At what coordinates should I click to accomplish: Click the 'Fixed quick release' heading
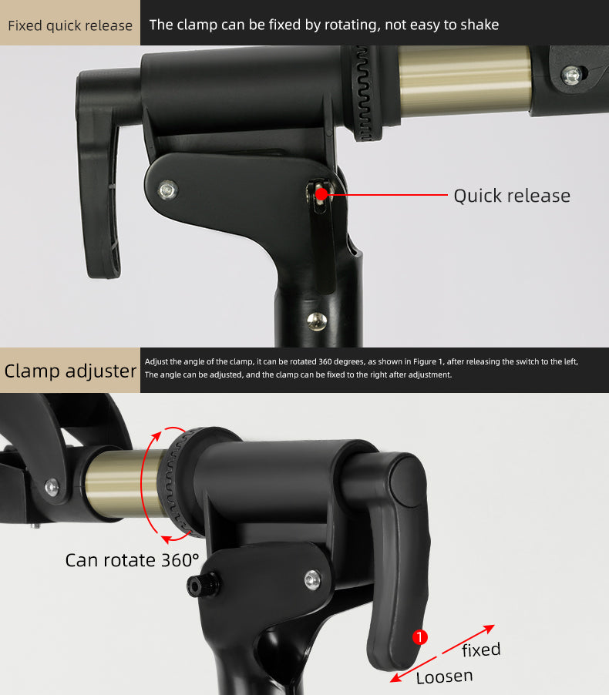(70, 25)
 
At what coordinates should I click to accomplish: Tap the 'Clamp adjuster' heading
(70, 371)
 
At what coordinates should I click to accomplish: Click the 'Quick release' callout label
(511, 196)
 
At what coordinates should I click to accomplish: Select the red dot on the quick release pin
(322, 195)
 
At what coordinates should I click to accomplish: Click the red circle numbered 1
(419, 637)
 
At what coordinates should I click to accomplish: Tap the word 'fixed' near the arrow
(481, 650)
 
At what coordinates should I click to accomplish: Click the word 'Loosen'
(444, 677)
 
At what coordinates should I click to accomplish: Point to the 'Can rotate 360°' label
(131, 559)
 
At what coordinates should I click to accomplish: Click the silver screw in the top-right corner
(571, 76)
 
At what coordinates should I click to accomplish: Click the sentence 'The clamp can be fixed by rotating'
(262, 25)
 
